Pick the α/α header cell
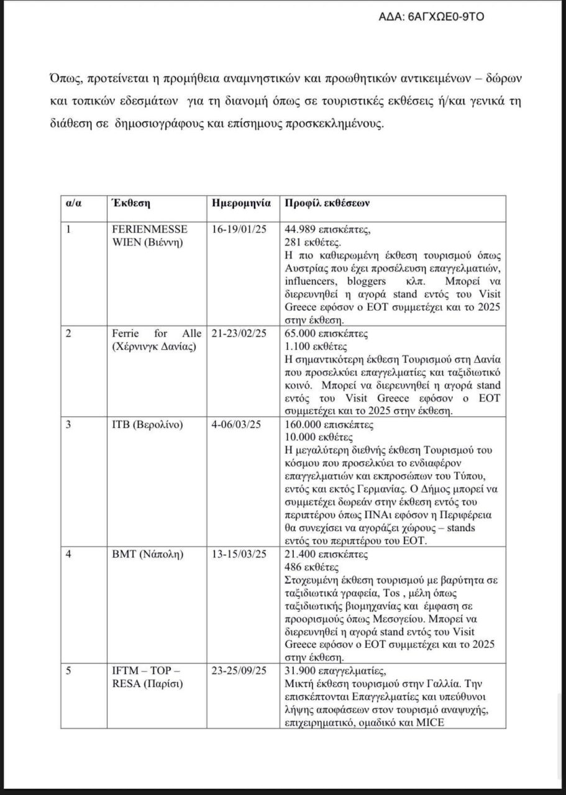[75, 203]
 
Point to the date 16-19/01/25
[239, 229]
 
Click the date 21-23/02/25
[239, 334]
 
